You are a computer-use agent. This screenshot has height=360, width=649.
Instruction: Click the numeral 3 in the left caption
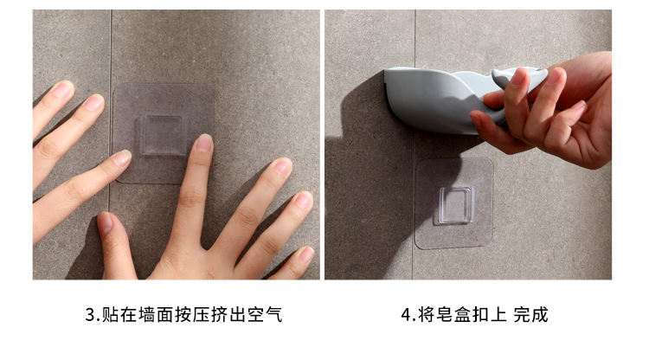90,315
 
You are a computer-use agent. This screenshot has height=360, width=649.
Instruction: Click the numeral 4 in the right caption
407,315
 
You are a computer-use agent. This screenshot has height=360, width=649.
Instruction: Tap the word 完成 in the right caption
531,315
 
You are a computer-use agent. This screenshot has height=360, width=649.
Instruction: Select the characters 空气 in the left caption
265,315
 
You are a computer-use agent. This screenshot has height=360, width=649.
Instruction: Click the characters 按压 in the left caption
192,315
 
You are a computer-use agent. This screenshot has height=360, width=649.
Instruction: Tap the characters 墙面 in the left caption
156,315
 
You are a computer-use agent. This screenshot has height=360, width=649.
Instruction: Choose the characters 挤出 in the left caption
228,315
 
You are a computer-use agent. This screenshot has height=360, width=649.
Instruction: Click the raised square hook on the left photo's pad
163,135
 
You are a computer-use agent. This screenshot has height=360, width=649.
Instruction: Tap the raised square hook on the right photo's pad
455,205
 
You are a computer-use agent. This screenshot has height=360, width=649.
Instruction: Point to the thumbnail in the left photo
105,222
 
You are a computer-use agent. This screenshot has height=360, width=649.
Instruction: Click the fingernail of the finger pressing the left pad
204,142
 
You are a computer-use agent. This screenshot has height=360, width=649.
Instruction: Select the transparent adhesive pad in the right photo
454,203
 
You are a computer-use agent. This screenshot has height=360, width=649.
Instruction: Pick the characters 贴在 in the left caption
119,315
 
